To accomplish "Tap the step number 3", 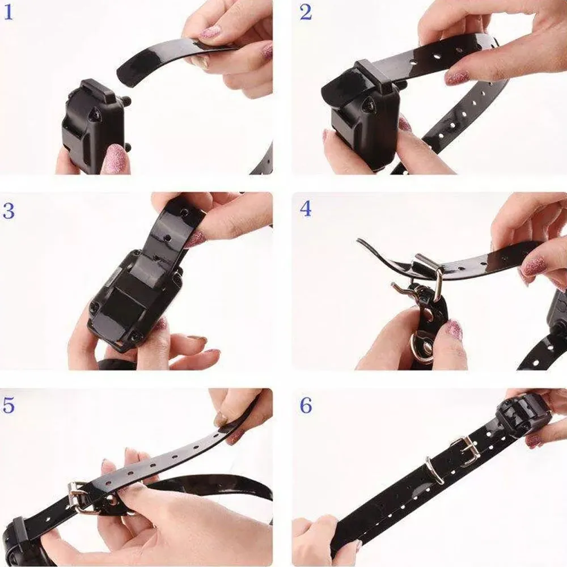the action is click(x=9, y=210).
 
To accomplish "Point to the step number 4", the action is click(x=306, y=209).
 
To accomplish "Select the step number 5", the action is click(x=9, y=405).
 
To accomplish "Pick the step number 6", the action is click(x=306, y=405).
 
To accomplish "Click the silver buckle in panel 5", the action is click(x=81, y=498).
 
